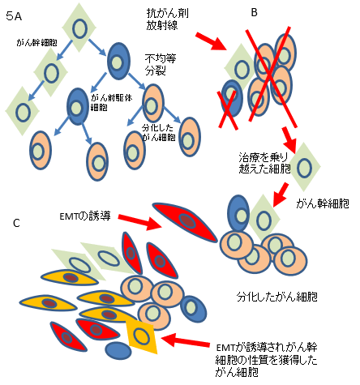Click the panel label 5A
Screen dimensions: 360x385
tap(14, 17)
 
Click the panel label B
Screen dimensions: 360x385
tap(254, 12)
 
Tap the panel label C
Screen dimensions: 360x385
tap(16, 223)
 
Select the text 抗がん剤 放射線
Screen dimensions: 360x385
tap(168, 19)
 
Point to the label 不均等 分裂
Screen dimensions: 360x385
tap(161, 64)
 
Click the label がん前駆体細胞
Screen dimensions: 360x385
tap(111, 102)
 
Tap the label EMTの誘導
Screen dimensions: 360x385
tap(85, 216)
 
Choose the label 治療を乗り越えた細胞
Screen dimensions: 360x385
tap(264, 163)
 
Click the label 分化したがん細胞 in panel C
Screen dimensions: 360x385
tap(277, 297)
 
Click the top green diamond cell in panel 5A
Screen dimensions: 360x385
tap(79, 28)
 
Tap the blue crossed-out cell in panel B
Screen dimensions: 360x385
tap(232, 98)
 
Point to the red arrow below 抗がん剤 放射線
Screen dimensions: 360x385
tap(212, 41)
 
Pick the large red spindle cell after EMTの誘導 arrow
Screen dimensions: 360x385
tap(185, 221)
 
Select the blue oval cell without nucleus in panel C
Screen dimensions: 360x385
tap(118, 351)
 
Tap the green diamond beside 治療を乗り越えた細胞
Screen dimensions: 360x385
tap(305, 168)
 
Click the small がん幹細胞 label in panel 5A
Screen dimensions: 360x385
tap(36, 43)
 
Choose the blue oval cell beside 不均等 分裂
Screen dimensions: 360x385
tap(118, 61)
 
